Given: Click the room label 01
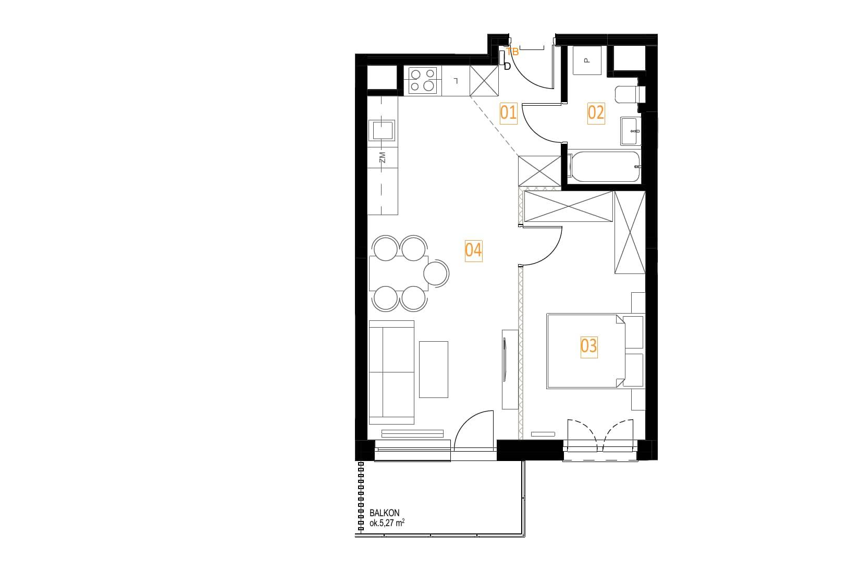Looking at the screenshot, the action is tap(508, 113).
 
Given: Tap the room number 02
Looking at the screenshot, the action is tap(596, 113).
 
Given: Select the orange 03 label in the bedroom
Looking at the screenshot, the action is tap(588, 346).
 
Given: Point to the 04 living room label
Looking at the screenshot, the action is tap(473, 251).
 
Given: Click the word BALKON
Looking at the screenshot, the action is tap(384, 513).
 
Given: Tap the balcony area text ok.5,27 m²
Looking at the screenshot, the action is tap(387, 522).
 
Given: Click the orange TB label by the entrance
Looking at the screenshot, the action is tap(512, 52).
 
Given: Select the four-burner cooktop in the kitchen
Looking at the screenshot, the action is tap(422, 80).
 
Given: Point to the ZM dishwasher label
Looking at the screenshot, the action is tap(382, 157).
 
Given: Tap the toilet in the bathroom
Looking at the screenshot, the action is tap(630, 94).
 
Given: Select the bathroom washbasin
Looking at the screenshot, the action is tap(631, 131).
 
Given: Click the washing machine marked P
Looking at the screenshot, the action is tap(587, 60).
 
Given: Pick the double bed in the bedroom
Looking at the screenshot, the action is tap(595, 351).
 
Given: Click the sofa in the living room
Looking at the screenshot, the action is tap(391, 372).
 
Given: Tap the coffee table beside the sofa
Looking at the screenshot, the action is tap(434, 370).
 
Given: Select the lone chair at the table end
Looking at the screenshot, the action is tap(436, 273).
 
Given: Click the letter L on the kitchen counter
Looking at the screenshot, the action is tap(456, 81).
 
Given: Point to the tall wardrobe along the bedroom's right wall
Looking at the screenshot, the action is tap(630, 232).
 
